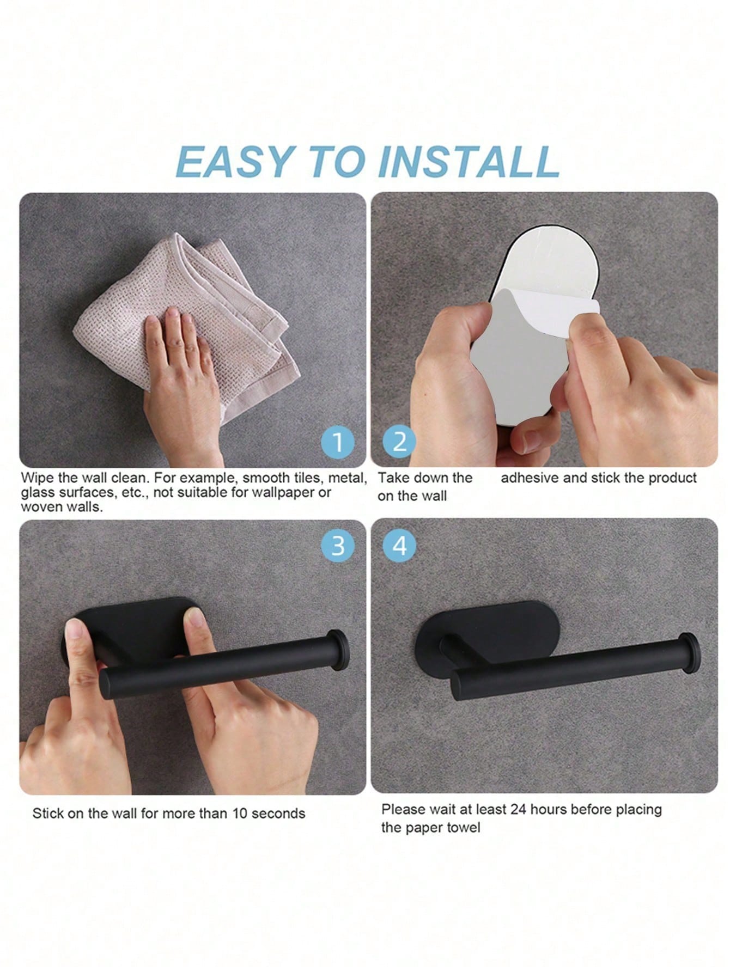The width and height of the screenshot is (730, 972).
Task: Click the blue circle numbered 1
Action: (x=338, y=442)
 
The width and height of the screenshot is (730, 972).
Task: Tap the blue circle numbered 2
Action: (x=399, y=442)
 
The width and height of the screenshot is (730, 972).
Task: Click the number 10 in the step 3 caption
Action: (x=240, y=814)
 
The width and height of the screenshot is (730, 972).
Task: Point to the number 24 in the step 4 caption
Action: (x=518, y=810)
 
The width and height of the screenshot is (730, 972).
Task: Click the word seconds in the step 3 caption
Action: (x=278, y=814)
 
